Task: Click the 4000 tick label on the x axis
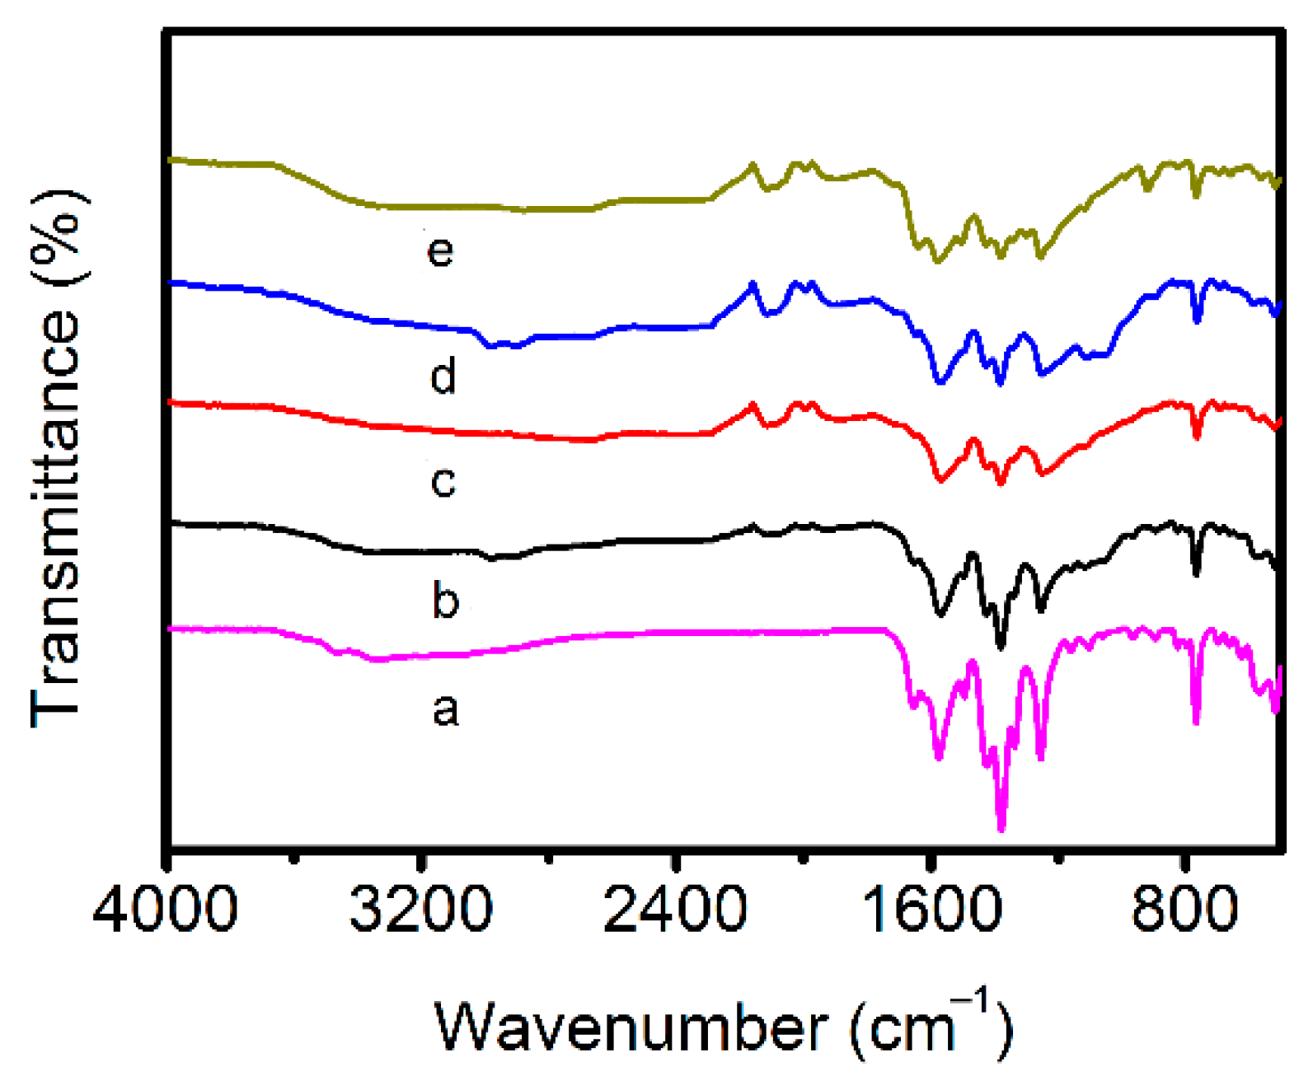click(x=165, y=910)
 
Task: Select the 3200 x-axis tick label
click(x=420, y=910)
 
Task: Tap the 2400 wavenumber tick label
click(x=674, y=910)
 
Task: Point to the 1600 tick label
click(x=931, y=910)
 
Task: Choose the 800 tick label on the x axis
click(x=1184, y=910)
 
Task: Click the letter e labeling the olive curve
click(x=440, y=250)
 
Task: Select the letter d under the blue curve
click(x=443, y=377)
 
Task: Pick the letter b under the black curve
click(x=445, y=600)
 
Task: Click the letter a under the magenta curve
click(x=445, y=709)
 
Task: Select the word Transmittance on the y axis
click(x=56, y=519)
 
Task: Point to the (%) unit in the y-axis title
click(x=56, y=237)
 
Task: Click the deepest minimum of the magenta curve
click(x=1001, y=828)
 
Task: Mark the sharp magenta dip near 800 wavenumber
click(x=1196, y=721)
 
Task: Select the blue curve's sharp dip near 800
click(x=1197, y=319)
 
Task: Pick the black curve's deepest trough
click(x=1001, y=646)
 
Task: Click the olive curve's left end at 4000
click(x=171, y=159)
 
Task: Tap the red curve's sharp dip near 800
click(x=1197, y=436)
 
